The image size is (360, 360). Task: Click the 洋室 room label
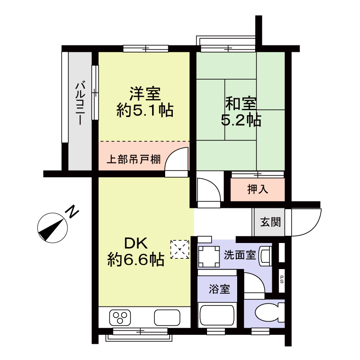pyautogui.click(x=145, y=94)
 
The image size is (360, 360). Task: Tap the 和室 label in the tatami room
pyautogui.click(x=241, y=103)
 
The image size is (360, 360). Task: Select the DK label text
pyautogui.click(x=136, y=243)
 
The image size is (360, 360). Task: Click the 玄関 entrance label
pyautogui.click(x=270, y=222)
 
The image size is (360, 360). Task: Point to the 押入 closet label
pyautogui.click(x=257, y=189)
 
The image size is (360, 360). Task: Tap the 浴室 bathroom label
pyautogui.click(x=219, y=289)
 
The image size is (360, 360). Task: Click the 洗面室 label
pyautogui.click(x=240, y=255)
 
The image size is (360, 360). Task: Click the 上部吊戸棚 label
pyautogui.click(x=134, y=159)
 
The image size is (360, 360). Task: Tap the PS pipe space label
pyautogui.click(x=282, y=279)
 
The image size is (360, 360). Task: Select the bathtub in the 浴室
pyautogui.click(x=217, y=315)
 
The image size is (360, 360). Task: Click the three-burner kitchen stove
pyautogui.click(x=120, y=318)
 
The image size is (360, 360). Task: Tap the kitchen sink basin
pyautogui.click(x=167, y=318)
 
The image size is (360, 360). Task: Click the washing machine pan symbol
pyautogui.click(x=209, y=256)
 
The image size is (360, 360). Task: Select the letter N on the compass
pyautogui.click(x=73, y=212)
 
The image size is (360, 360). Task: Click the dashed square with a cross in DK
pyautogui.click(x=180, y=250)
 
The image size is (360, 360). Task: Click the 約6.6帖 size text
pyautogui.click(x=136, y=260)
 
